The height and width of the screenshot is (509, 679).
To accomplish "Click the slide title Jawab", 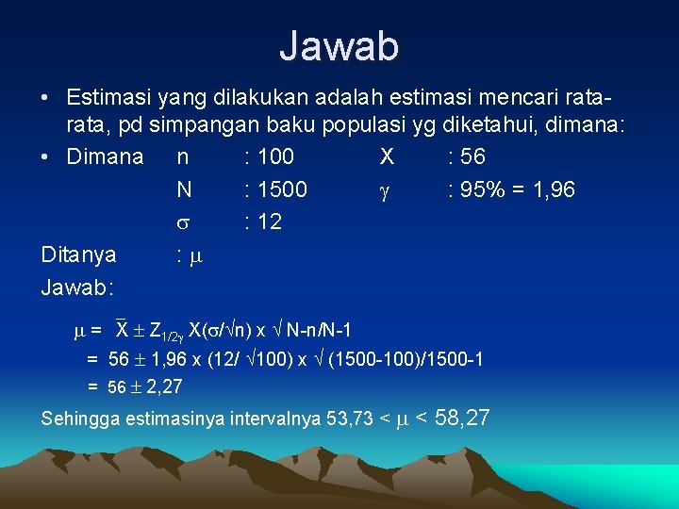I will click(339, 45).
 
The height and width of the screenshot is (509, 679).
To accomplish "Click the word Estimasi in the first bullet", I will click(107, 98).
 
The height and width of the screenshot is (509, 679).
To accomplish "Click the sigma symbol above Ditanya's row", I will click(184, 223).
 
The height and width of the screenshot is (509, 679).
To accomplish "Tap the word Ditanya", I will click(78, 254).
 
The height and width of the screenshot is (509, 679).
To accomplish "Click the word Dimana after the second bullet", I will click(105, 156).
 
